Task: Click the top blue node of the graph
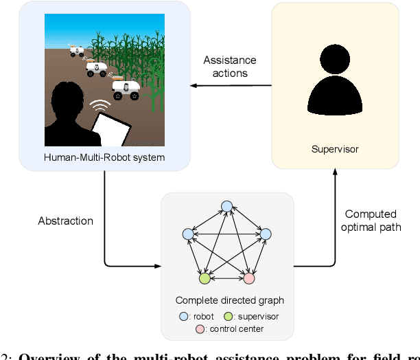[x=226, y=206]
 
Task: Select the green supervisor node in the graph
[x=204, y=279]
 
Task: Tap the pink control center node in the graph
[x=249, y=279]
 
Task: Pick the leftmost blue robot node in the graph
[x=188, y=234]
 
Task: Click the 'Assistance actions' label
[x=230, y=66]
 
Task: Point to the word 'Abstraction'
[x=66, y=221]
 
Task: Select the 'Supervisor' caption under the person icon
[x=335, y=148]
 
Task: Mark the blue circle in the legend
[x=183, y=317]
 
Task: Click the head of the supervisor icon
[x=335, y=69]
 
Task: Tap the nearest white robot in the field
[x=125, y=89]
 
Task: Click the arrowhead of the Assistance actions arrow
[x=194, y=86]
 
